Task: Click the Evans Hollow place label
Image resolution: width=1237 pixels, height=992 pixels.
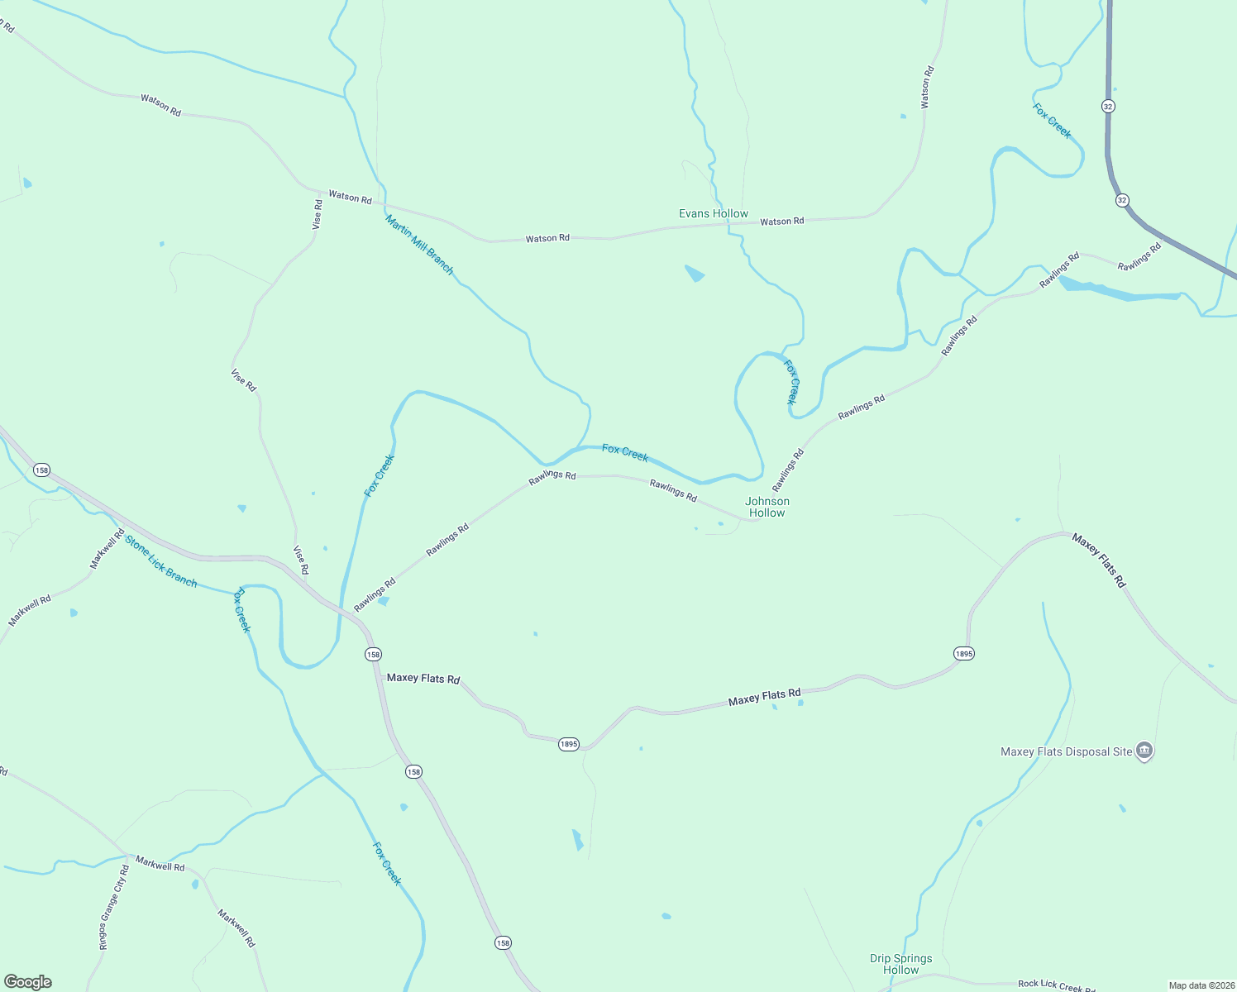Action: tap(713, 213)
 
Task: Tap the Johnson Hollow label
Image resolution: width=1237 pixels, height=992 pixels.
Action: tap(767, 507)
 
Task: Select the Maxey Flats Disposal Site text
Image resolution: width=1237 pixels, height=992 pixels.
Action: tap(1066, 751)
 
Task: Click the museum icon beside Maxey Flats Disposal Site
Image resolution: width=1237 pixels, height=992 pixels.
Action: tap(1144, 751)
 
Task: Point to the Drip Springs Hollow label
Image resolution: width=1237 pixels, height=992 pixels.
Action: tap(900, 964)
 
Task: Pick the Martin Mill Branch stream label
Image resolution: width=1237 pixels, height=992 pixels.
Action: tap(419, 245)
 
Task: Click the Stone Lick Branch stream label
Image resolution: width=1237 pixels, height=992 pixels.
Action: tap(161, 561)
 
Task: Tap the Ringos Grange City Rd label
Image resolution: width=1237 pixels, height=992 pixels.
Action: tap(114, 907)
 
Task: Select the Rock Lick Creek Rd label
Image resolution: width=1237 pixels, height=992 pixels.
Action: tap(1056, 985)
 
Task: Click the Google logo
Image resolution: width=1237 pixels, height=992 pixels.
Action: tap(28, 982)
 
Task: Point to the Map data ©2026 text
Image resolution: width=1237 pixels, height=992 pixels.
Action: tap(1201, 985)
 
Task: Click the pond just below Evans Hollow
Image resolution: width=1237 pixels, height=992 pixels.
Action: tap(695, 273)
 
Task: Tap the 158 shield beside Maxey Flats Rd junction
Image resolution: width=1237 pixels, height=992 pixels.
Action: tap(373, 654)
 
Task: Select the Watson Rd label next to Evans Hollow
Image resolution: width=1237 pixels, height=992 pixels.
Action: tap(781, 222)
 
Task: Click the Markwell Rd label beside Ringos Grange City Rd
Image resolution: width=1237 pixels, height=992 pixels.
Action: tap(160, 865)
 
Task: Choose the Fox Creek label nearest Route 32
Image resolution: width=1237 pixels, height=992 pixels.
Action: tap(1052, 121)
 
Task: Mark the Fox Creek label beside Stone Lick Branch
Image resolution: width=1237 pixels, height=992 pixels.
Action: tap(243, 609)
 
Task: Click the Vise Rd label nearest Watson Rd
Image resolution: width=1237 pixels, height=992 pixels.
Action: tap(318, 214)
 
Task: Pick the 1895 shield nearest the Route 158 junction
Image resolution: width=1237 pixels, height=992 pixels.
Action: tap(568, 744)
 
